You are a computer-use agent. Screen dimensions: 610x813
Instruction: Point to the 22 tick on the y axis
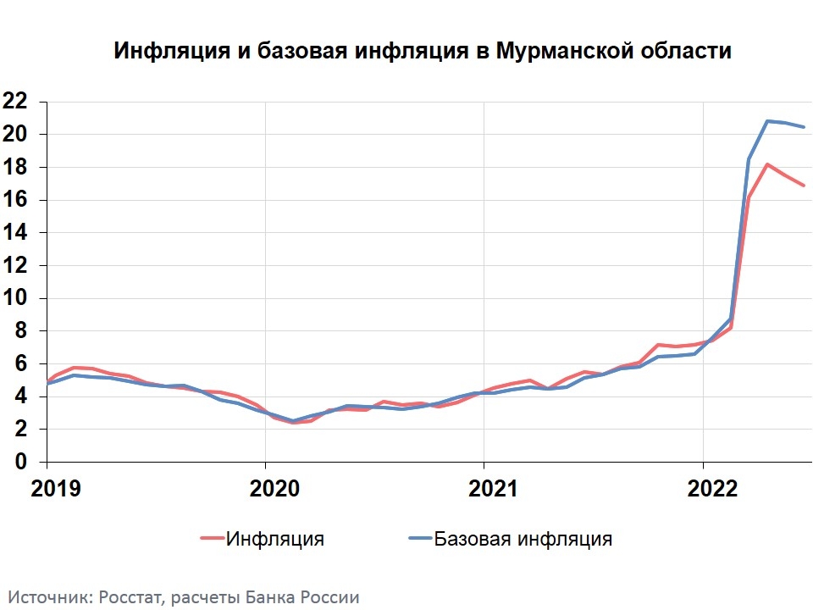[x=16, y=102]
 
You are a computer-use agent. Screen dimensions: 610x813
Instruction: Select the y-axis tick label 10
[x=16, y=298]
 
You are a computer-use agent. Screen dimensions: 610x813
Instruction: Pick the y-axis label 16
[x=16, y=200]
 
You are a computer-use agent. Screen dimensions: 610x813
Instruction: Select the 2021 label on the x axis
[x=484, y=488]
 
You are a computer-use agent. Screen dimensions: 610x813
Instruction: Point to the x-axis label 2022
[x=702, y=488]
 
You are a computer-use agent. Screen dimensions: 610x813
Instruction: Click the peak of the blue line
[x=767, y=121]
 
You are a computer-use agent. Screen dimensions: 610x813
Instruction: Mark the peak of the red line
[x=766, y=164]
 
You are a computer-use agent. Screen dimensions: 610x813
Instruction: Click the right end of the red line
[x=804, y=185]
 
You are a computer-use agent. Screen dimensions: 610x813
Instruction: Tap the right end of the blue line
[x=804, y=127]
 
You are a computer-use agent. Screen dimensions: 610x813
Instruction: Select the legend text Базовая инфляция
[x=523, y=539]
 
